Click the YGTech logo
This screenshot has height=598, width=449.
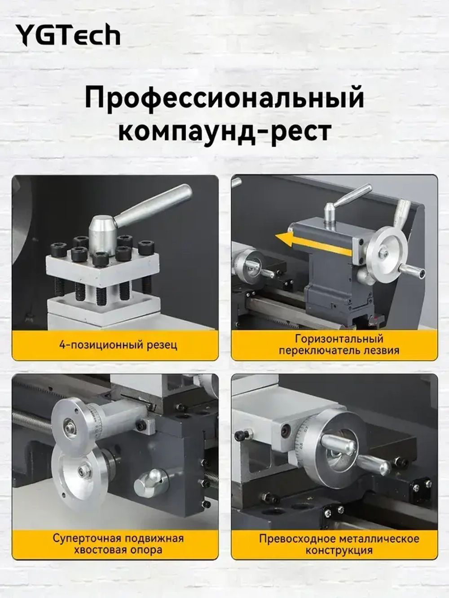68,35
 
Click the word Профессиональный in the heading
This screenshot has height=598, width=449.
224,98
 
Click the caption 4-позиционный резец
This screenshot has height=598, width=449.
118,345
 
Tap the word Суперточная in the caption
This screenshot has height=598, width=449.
86,538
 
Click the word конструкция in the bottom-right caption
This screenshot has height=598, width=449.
339,550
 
